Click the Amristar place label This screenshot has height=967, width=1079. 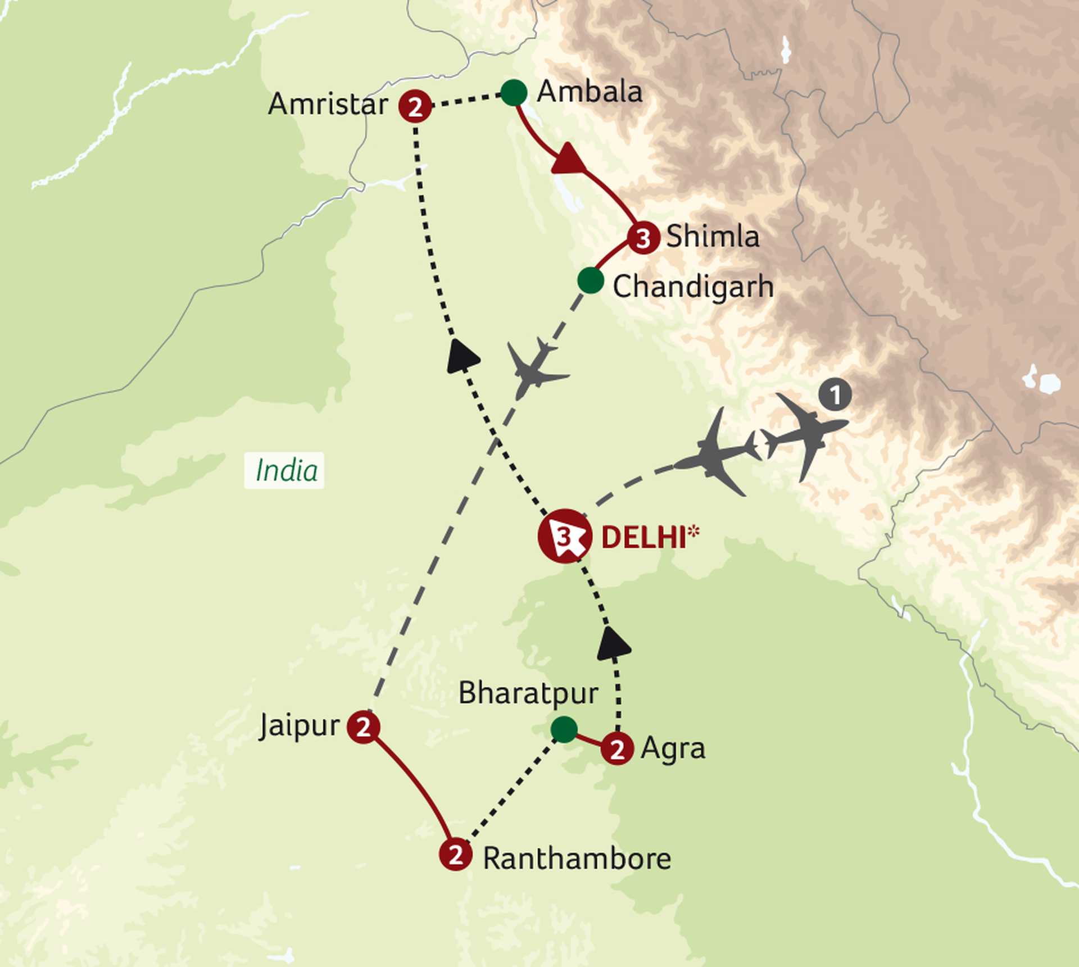click(328, 105)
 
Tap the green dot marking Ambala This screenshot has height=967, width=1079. click(514, 93)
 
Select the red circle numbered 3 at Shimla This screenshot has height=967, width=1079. click(643, 238)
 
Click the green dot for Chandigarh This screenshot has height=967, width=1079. click(591, 280)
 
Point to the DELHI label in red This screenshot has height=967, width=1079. click(644, 538)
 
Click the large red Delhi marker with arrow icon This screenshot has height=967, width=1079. click(564, 537)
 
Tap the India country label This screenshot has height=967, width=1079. click(286, 470)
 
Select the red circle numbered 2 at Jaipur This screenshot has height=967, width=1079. click(364, 727)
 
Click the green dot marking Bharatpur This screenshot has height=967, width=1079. click(564, 729)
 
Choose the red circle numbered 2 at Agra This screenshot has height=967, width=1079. click(617, 749)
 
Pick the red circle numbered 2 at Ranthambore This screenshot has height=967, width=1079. click(455, 854)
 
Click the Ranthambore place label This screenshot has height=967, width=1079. click(577, 859)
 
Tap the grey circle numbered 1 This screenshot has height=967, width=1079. click(835, 395)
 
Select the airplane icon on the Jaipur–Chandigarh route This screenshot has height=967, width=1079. click(534, 368)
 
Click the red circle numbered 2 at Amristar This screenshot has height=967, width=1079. click(415, 106)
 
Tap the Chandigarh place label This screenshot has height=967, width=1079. click(693, 287)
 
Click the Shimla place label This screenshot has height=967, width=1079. click(713, 236)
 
